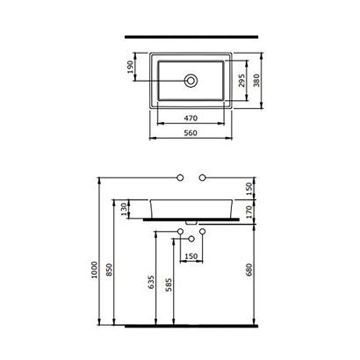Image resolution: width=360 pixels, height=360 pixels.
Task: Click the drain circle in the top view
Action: pos(191,81)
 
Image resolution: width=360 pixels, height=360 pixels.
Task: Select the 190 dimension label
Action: pos(131,67)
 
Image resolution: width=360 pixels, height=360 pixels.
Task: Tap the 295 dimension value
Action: pos(241,81)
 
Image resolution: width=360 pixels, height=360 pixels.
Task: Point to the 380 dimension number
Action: pos(256,81)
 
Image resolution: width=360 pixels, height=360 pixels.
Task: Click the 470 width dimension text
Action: pos(191,119)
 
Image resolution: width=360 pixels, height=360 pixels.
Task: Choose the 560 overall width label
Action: pos(191,133)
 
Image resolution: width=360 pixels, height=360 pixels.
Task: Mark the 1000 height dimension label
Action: pos(94,270)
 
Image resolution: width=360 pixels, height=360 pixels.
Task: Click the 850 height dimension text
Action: pos(109,270)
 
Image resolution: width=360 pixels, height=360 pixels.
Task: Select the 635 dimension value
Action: pos(151,282)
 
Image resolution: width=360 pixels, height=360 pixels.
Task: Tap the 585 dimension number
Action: pos(169,285)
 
